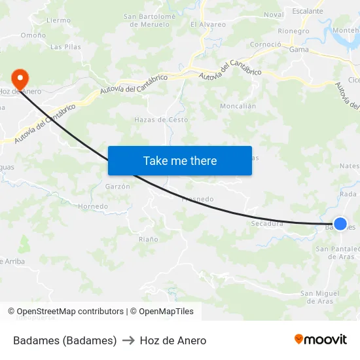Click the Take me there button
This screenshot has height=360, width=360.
(x=180, y=160)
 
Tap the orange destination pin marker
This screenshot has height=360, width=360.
(x=20, y=79)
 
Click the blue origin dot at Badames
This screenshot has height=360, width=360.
(x=340, y=224)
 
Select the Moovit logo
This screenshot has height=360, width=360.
(x=320, y=339)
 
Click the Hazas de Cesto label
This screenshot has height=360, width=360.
(x=161, y=120)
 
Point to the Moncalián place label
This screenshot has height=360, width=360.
(x=238, y=106)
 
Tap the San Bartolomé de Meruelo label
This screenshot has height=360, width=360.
(x=151, y=20)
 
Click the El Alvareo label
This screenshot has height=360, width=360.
(x=208, y=25)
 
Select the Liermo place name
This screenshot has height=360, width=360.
(x=59, y=20)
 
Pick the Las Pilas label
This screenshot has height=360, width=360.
(x=65, y=47)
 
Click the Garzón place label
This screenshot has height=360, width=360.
(x=118, y=187)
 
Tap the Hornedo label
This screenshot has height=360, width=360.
(x=93, y=206)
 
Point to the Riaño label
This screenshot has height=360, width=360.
(x=148, y=240)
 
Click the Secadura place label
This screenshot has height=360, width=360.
(x=267, y=223)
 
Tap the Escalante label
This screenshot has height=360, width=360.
(x=308, y=11)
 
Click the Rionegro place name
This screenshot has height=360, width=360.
(x=294, y=31)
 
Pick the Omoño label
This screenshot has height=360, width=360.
(x=33, y=35)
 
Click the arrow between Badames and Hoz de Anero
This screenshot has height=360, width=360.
(x=128, y=340)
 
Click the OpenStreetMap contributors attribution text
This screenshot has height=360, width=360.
(x=70, y=312)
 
